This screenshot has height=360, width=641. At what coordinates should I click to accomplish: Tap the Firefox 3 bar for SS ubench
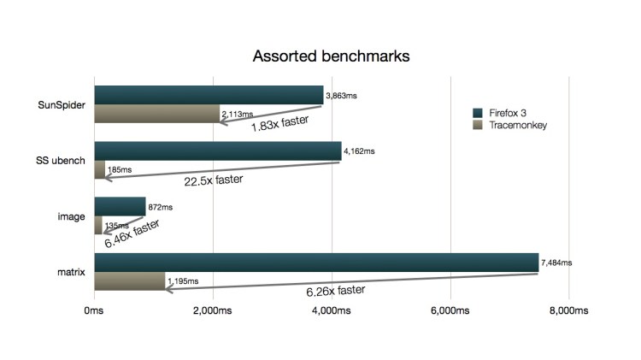coord(217,150)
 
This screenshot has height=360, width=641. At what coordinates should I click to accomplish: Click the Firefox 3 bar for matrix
coord(315,263)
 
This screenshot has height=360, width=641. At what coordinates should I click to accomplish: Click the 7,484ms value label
coord(557,263)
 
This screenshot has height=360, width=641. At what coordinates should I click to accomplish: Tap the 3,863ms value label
coord(341,96)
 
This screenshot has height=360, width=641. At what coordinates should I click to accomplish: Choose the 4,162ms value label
coord(359,151)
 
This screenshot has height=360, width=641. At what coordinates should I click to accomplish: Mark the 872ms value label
coord(161,207)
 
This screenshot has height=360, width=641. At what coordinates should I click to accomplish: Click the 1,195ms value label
coord(182,280)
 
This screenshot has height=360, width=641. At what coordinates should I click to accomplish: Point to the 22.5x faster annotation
coord(214,180)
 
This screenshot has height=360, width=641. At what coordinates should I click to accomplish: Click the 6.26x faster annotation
coord(336,291)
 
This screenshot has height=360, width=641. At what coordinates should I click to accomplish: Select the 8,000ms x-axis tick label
coord(569,313)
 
